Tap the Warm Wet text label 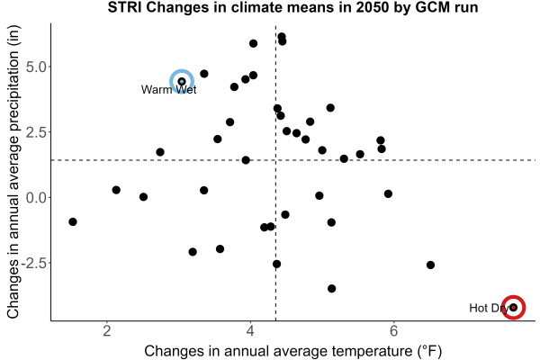point(169,90)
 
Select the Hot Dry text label point(489,308)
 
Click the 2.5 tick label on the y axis point(36,132)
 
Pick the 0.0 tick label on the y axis point(36,197)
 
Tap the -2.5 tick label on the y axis point(34,263)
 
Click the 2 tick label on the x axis point(107,331)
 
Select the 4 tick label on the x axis point(250,331)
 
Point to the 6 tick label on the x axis point(393,331)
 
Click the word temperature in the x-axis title point(372,351)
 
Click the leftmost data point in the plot point(73,221)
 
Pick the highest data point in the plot point(282,37)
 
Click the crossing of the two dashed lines point(275,160)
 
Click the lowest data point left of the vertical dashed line point(193,252)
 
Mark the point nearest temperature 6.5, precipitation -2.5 point(430,265)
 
